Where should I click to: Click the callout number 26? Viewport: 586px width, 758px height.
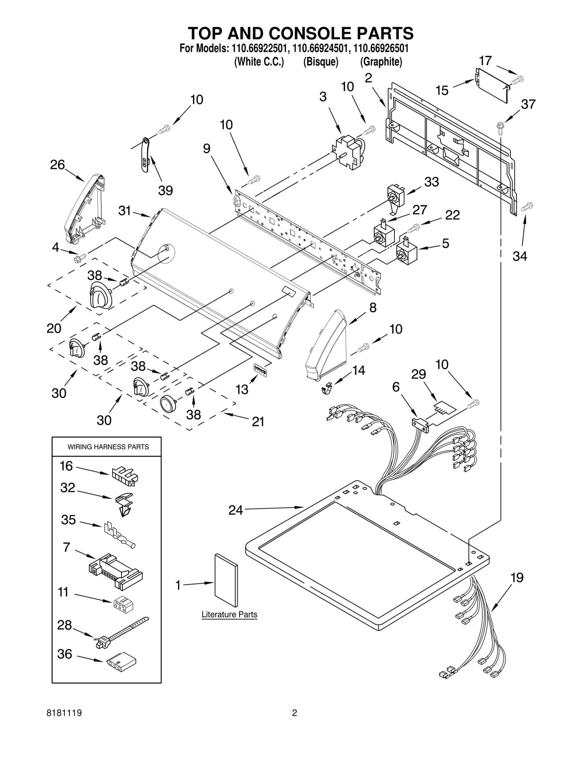58,165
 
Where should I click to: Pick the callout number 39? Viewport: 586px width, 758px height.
165,190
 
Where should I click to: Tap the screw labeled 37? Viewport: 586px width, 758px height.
500,126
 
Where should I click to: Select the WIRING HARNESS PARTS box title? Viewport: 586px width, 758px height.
108,447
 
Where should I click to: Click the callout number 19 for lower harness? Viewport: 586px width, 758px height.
517,578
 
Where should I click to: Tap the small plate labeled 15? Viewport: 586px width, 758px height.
492,85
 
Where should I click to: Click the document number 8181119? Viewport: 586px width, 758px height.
64,713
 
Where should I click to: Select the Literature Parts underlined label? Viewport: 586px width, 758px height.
229,615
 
